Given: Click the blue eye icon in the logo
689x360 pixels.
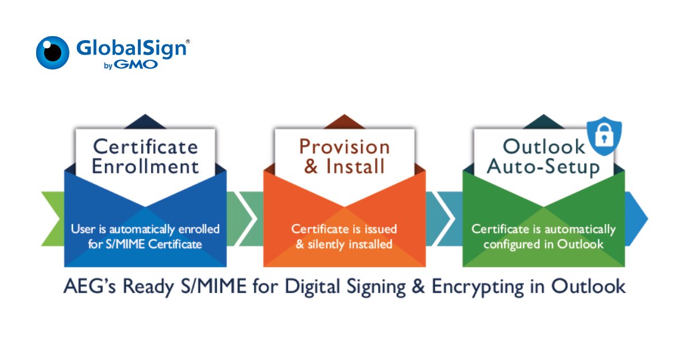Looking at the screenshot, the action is [x=53, y=53].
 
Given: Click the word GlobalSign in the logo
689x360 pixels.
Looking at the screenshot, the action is [x=131, y=49].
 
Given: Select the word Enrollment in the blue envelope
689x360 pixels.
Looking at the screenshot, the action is [x=145, y=167].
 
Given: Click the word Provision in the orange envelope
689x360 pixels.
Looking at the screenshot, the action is [x=344, y=146].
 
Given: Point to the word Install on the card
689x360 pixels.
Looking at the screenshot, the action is [x=355, y=167].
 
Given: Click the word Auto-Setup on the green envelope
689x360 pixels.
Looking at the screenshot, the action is [x=543, y=167].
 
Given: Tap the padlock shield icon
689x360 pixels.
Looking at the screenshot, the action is [x=604, y=136].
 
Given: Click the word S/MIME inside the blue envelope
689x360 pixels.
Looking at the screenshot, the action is [x=125, y=244].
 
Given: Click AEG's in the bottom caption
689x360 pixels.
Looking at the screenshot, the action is [x=90, y=287].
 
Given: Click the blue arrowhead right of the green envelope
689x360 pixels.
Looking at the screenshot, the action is [x=636, y=219].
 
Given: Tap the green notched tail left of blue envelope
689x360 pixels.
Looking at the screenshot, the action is [x=53, y=219].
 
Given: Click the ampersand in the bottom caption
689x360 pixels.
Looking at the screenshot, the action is [x=419, y=287].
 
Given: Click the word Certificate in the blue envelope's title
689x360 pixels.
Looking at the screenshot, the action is [x=145, y=146].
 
